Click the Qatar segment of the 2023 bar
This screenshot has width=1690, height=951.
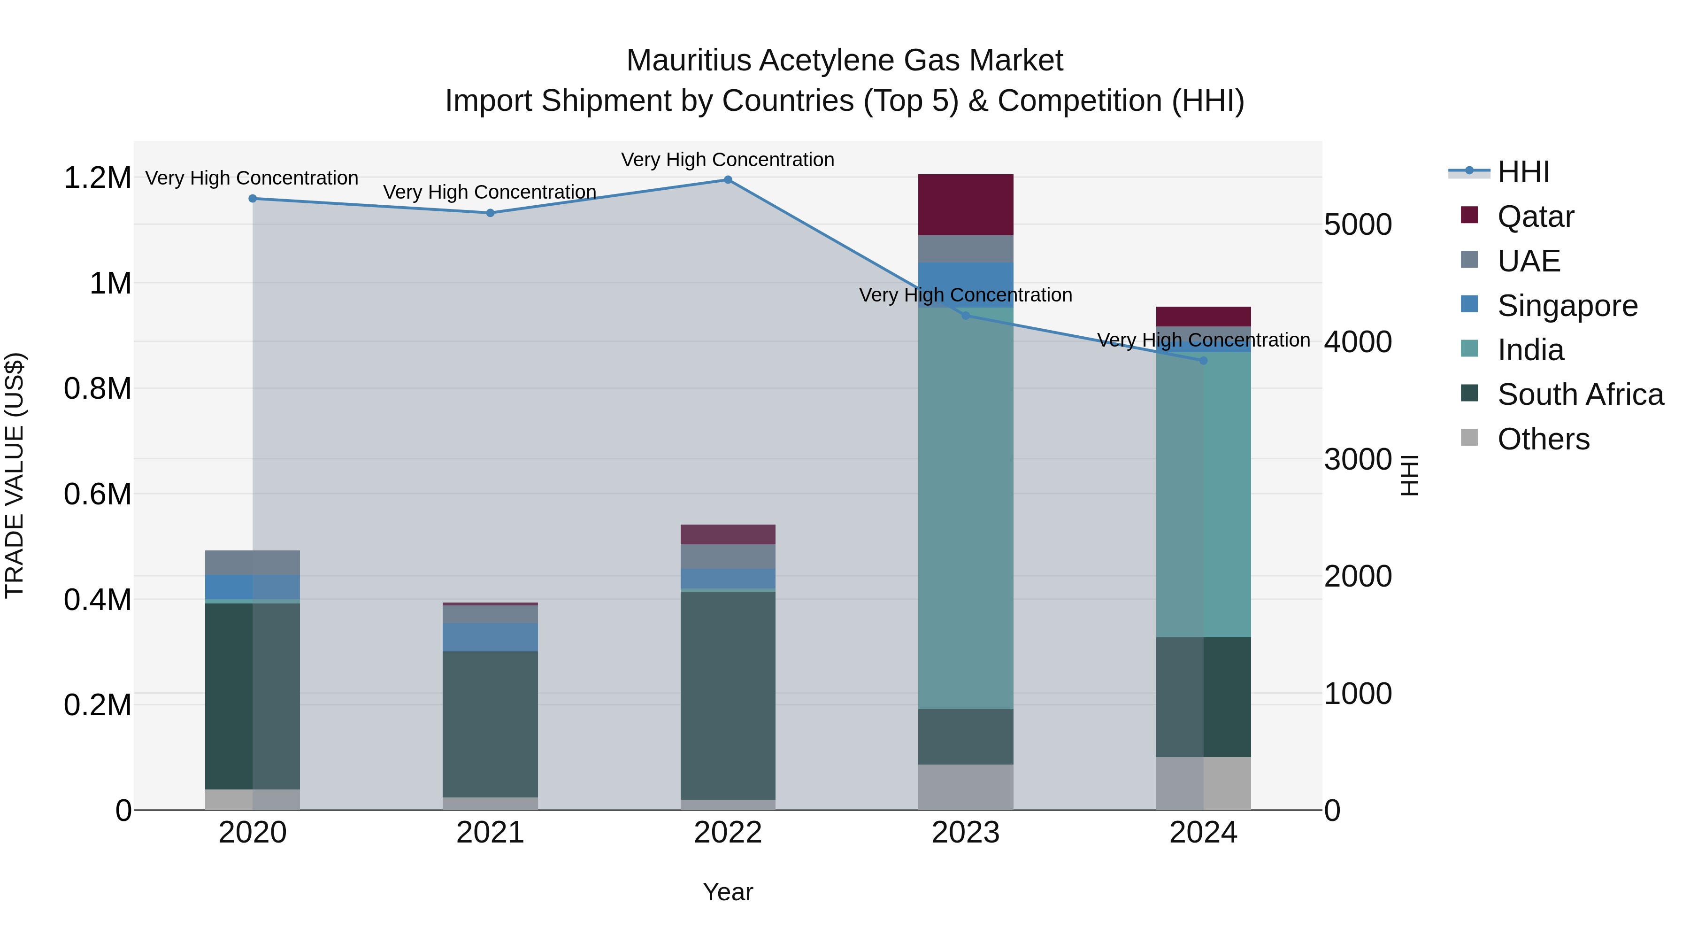click(x=965, y=204)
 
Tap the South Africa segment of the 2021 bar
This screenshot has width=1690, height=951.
click(x=490, y=723)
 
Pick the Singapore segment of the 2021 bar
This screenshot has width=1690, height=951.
click(x=490, y=637)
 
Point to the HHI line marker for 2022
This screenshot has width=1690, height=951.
click(x=728, y=180)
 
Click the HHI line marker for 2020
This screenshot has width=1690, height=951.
click(x=253, y=198)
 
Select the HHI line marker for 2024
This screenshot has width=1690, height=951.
click(x=1203, y=360)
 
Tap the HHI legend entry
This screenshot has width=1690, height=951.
click(x=1523, y=172)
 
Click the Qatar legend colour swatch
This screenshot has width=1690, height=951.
click(x=1469, y=215)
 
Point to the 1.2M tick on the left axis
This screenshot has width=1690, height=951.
click(x=98, y=178)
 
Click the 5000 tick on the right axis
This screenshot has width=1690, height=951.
click(x=1357, y=224)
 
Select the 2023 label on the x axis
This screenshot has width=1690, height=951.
click(x=965, y=833)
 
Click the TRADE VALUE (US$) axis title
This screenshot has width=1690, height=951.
click(x=15, y=475)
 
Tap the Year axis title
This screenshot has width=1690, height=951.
click(x=728, y=892)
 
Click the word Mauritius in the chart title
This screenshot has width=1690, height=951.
click(x=688, y=61)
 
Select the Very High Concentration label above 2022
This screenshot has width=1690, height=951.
click(x=728, y=160)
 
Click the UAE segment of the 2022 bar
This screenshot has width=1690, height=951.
click(x=728, y=556)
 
